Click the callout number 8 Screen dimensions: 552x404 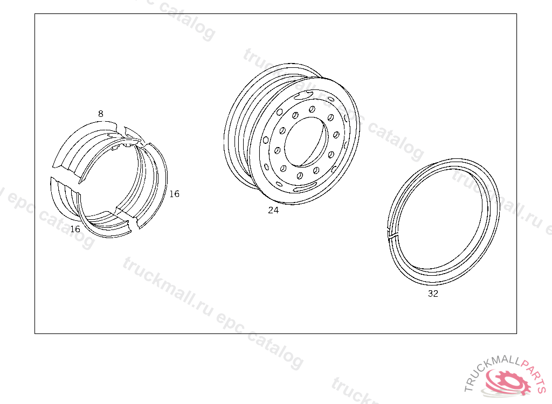tap(101, 114)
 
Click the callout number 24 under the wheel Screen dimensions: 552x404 tap(273, 210)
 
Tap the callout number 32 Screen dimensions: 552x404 tap(433, 294)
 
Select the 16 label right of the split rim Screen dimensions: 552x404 tap(174, 194)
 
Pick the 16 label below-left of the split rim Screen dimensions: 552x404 tap(75, 229)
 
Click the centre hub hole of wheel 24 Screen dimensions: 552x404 tap(306, 142)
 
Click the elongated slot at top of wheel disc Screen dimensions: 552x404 tap(303, 94)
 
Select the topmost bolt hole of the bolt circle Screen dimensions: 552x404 tap(312, 110)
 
